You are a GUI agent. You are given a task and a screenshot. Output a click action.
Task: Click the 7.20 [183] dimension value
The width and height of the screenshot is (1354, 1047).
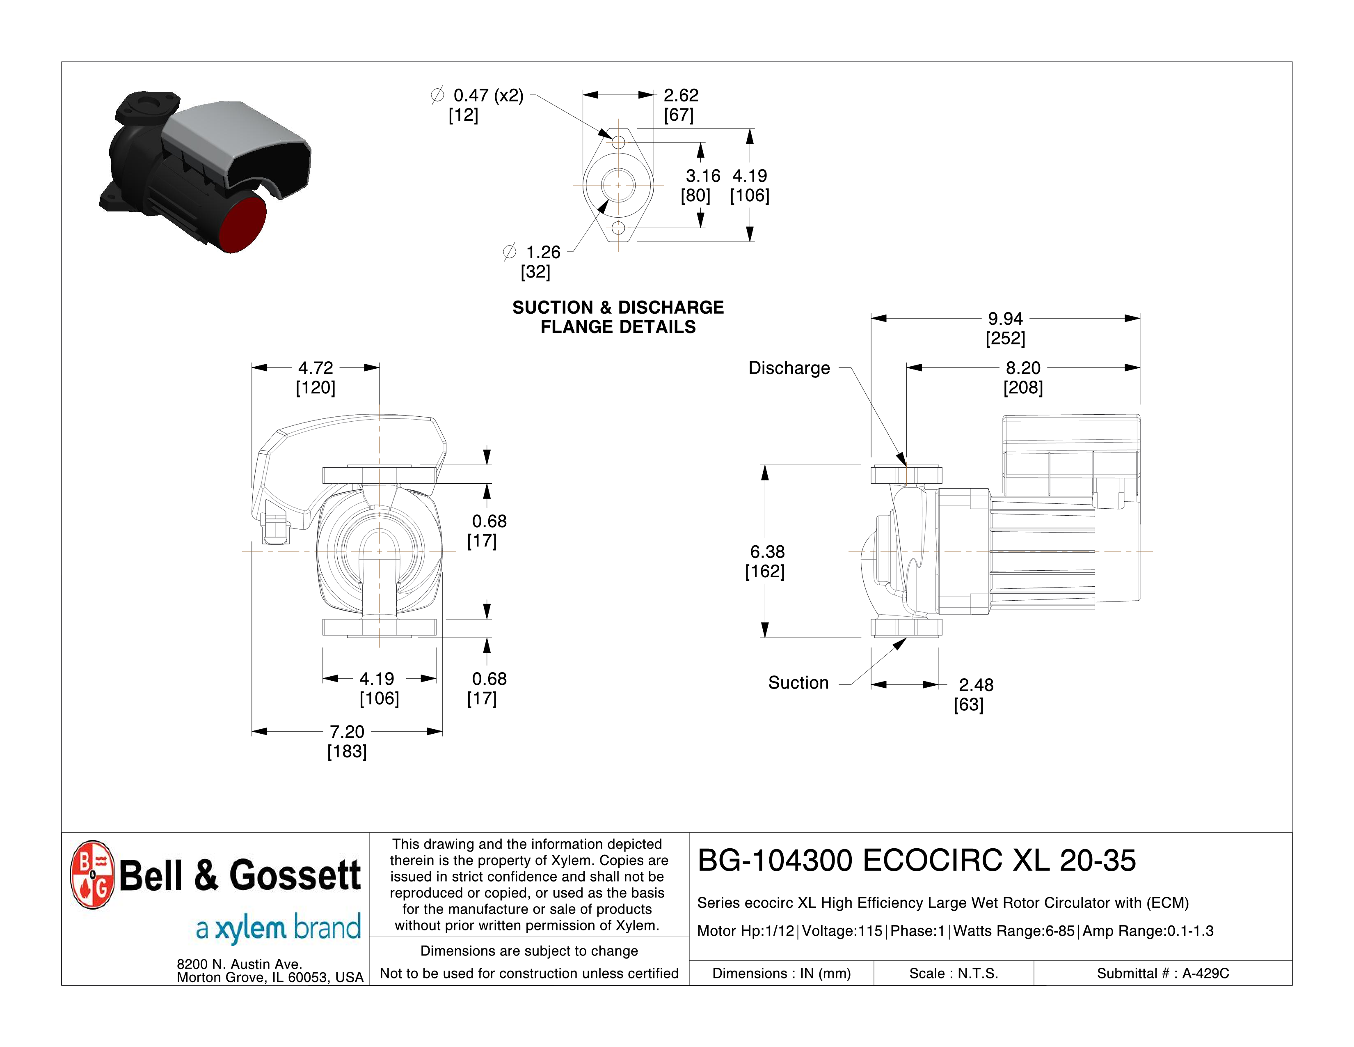tap(347, 741)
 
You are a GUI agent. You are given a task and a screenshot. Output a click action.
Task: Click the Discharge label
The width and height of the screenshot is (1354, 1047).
tap(789, 368)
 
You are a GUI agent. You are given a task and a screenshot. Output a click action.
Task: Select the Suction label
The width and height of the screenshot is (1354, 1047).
tap(798, 683)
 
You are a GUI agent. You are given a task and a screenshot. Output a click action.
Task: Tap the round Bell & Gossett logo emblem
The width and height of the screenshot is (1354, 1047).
tap(92, 874)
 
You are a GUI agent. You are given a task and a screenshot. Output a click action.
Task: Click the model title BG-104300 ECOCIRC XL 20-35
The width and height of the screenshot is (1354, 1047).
tap(916, 860)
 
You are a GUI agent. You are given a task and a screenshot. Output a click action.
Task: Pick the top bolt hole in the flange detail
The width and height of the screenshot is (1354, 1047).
tap(618, 142)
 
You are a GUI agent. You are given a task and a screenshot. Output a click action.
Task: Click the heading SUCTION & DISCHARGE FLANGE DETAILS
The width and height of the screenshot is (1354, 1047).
tap(618, 317)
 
